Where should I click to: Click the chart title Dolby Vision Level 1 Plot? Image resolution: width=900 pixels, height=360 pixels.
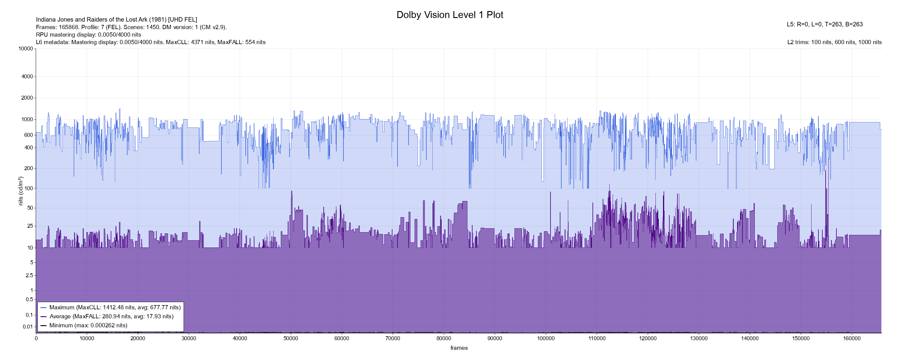(450, 15)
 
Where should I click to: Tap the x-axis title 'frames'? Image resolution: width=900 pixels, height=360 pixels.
(459, 348)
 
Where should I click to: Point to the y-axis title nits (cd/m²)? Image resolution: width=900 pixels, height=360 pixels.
(21, 191)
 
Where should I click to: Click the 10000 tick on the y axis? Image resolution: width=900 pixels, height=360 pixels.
(25, 49)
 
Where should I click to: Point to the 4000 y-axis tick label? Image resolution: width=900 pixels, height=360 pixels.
(27, 76)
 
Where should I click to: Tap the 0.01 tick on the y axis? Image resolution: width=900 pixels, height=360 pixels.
(28, 327)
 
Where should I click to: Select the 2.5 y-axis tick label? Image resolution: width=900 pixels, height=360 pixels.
(29, 275)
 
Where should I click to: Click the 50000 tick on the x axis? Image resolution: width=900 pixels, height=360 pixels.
(291, 338)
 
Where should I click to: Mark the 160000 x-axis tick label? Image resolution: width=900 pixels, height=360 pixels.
(852, 338)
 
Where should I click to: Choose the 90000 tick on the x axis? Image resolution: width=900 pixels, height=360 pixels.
(495, 338)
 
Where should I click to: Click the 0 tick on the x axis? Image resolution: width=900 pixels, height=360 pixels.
(36, 338)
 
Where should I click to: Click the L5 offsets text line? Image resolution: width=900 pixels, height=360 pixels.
(824, 25)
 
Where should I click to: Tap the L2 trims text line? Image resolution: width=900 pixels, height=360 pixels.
(834, 42)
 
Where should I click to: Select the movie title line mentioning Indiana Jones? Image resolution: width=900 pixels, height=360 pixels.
(116, 19)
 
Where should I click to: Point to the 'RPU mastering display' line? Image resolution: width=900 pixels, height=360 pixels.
(88, 34)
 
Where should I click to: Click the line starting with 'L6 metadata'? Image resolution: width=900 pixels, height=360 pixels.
(151, 42)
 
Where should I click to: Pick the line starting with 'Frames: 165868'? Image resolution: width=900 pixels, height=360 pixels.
(131, 27)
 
